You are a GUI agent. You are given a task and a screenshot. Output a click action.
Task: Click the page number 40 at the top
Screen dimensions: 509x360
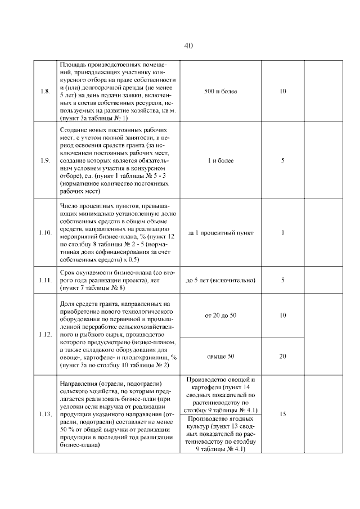pos(188,46)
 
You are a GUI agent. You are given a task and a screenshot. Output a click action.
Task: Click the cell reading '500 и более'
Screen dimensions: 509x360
pos(220,91)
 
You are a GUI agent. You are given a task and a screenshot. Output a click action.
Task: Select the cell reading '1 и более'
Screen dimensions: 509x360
pos(220,160)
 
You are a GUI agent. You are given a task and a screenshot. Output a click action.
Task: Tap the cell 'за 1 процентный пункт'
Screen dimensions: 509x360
pos(220,232)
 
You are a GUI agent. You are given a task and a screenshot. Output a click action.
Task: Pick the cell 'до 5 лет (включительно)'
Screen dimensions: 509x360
pos(220,280)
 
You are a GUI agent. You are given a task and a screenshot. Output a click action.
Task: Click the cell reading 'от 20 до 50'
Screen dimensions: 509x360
pos(220,316)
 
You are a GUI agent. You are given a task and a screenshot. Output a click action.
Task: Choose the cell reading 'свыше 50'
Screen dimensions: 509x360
pos(220,356)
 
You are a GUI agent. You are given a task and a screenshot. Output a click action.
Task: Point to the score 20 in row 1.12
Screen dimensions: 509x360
pos(283,356)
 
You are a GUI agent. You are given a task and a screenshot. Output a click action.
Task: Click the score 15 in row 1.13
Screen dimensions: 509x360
pos(283,414)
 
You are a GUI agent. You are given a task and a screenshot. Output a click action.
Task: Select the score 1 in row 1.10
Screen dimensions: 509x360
pos(283,232)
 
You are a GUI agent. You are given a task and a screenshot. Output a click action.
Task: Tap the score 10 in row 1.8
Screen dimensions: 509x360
pos(283,91)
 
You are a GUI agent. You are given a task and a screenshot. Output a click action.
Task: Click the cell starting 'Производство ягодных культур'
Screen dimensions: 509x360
pos(220,434)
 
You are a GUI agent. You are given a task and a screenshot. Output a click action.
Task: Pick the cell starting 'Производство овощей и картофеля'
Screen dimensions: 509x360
pos(220,395)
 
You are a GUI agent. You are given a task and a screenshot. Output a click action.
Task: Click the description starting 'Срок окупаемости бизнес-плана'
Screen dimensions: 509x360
pos(116,280)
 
